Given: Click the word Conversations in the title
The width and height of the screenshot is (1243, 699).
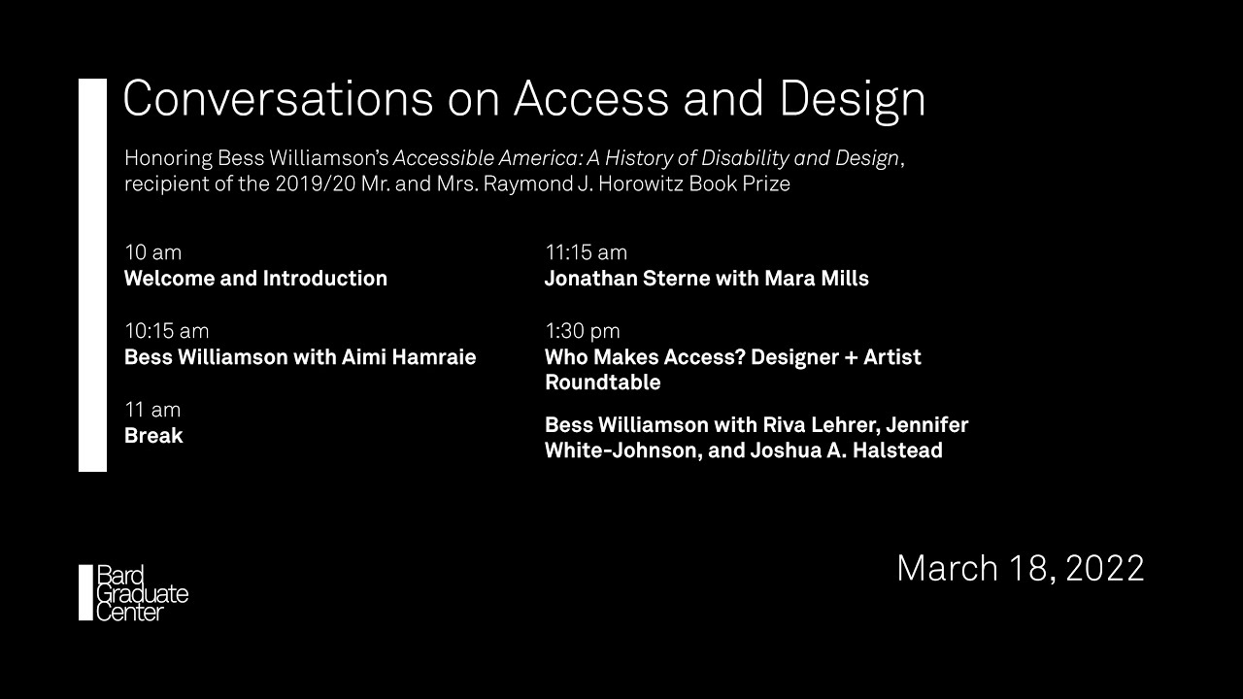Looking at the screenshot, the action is [278, 98].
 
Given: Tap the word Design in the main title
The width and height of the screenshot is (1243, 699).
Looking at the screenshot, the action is [853, 101].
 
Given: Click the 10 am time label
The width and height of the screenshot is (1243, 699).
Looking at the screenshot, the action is [152, 252].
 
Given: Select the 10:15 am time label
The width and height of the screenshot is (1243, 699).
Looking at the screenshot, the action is [166, 331].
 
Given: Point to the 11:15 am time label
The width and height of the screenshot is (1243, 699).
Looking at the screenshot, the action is [586, 252].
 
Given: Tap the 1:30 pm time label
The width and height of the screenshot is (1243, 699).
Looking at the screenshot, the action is [582, 332].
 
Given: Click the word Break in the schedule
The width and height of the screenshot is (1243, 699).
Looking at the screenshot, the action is [153, 436].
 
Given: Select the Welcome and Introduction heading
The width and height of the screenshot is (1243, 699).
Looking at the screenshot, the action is [255, 279].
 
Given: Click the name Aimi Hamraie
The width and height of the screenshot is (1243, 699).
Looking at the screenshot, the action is [409, 356].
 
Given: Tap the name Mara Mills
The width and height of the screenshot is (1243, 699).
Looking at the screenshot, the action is [817, 279].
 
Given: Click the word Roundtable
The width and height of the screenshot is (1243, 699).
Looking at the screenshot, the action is [603, 383].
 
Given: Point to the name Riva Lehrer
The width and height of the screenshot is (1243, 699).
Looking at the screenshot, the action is [822, 425].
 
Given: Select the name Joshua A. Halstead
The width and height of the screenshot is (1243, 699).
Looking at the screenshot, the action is [846, 450].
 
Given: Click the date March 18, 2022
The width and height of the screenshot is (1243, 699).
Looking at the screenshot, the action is [1021, 568].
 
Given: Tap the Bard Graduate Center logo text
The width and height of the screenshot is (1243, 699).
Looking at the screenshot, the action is [142, 593].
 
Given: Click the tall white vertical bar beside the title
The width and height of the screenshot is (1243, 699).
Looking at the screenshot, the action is [92, 275].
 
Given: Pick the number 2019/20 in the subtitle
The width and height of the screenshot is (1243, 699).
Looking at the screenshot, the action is [316, 183].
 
